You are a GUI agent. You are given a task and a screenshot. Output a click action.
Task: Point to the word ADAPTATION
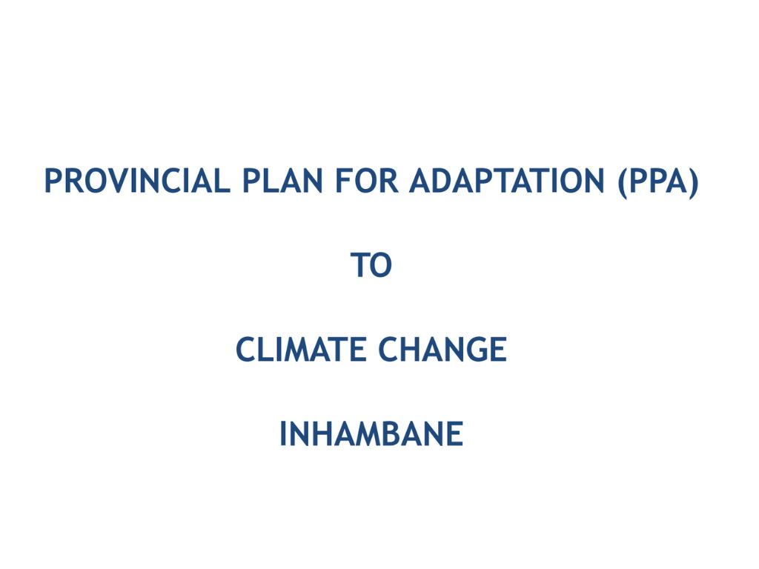(508, 182)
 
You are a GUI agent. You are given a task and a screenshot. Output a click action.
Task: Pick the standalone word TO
(371, 266)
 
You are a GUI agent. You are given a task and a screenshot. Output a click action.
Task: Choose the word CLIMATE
(302, 350)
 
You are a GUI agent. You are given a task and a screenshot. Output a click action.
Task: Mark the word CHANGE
(443, 350)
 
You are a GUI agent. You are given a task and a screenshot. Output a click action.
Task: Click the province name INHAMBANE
(371, 434)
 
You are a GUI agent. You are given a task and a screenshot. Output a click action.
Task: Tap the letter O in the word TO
(381, 266)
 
